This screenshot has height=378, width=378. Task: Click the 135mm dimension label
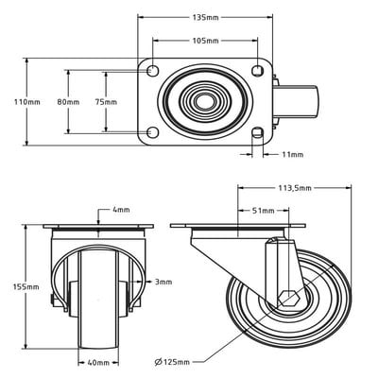(205, 17)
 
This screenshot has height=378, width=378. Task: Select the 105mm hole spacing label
(205, 41)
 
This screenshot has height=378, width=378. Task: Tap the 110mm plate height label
(27, 102)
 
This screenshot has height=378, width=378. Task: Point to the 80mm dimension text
(68, 102)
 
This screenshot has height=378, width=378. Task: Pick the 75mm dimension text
(106, 102)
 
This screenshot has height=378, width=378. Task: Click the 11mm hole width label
(293, 154)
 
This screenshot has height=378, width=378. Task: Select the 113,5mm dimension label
(295, 188)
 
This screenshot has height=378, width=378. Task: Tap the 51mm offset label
(263, 211)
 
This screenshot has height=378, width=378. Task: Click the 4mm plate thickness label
(121, 210)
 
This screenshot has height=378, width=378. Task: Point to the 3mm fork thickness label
(163, 282)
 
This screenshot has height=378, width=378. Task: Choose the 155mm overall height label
(26, 286)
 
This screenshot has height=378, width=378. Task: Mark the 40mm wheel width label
(98, 363)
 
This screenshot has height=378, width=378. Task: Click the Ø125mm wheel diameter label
(172, 362)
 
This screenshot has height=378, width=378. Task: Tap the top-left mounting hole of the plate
(153, 71)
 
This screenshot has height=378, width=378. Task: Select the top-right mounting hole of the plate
(257, 71)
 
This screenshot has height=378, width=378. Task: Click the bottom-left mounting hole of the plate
(153, 132)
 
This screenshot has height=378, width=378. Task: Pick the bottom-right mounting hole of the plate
(258, 132)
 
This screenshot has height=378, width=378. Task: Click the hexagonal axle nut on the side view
(288, 299)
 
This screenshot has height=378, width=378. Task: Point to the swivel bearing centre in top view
(205, 102)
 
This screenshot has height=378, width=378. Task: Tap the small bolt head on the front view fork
(52, 301)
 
